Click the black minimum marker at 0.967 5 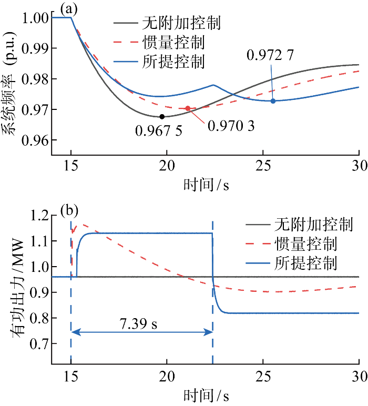(162, 116)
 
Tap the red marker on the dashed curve (188, 108)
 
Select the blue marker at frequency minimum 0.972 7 (273, 100)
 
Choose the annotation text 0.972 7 (273, 55)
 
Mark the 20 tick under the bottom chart (167, 377)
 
